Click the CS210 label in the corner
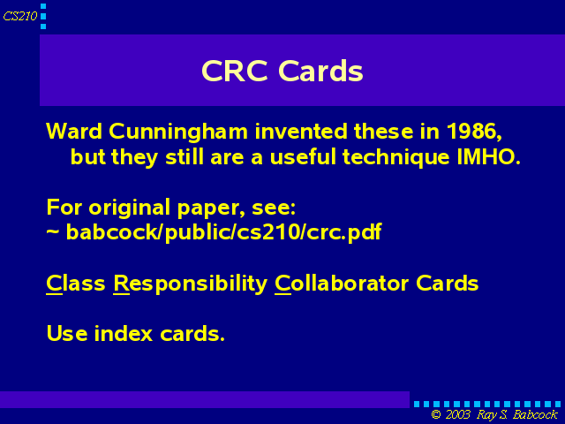click(20, 16)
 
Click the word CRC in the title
click(235, 71)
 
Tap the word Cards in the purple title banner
click(320, 71)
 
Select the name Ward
click(74, 131)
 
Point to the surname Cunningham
click(178, 132)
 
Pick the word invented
click(301, 131)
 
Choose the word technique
click(396, 158)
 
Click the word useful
click(302, 157)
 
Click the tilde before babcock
click(53, 231)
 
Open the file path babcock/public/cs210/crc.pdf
click(223, 232)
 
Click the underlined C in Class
click(54, 284)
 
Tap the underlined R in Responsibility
click(121, 284)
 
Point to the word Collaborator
click(342, 284)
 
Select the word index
click(124, 333)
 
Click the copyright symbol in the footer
click(436, 414)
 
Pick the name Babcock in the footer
click(535, 414)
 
